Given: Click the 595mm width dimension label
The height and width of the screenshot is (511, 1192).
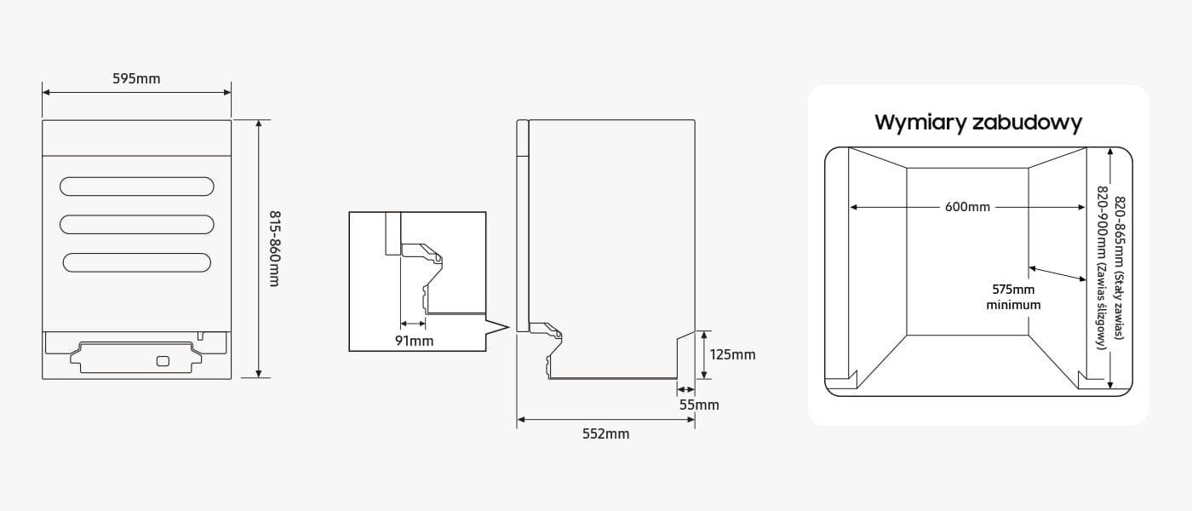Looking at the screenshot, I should tap(136, 79).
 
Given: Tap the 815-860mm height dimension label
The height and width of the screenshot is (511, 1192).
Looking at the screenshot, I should tap(274, 248).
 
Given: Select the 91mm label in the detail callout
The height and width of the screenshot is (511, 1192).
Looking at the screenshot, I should tap(414, 341).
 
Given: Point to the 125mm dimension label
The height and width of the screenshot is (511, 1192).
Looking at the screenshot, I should tap(731, 354).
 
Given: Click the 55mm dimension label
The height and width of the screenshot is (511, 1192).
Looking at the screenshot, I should tap(699, 405).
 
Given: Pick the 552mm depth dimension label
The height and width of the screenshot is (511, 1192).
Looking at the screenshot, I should tap(605, 433).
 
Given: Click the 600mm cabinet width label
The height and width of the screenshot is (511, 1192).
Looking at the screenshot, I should tap(967, 207).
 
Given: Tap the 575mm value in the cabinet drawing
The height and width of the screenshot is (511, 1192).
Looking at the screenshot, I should tap(1013, 289).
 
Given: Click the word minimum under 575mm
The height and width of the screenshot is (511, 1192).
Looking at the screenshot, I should tap(1013, 304).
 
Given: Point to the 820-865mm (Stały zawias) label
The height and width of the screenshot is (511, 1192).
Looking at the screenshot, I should tap(1120, 268).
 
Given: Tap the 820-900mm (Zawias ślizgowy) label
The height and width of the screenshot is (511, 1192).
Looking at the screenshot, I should tap(1103, 268).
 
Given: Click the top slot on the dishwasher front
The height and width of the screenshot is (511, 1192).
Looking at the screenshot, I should tap(136, 186).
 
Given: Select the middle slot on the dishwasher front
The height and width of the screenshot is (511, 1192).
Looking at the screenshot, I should tap(136, 224).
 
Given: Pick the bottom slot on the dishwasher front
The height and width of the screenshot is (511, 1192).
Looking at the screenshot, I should tap(136, 262).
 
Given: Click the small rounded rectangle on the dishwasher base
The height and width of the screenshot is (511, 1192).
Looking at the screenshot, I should tap(163, 361).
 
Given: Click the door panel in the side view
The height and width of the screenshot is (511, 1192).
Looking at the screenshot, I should tap(523, 226).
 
